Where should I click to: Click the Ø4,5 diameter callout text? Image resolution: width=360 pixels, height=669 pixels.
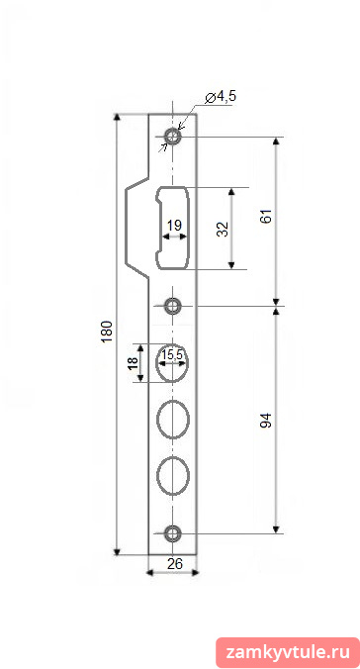(221, 97)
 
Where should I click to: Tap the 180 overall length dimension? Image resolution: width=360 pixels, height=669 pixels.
(107, 332)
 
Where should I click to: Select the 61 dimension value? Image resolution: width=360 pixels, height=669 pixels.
(266, 217)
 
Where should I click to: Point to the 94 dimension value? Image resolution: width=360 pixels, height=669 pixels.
(266, 421)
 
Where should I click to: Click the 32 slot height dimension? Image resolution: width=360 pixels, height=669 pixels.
(223, 230)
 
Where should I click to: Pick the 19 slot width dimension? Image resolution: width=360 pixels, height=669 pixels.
(174, 226)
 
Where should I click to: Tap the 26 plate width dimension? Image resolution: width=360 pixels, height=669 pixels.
(175, 564)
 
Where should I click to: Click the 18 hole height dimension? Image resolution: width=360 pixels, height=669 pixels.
(134, 363)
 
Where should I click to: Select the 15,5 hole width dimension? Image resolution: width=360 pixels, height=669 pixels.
(172, 354)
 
